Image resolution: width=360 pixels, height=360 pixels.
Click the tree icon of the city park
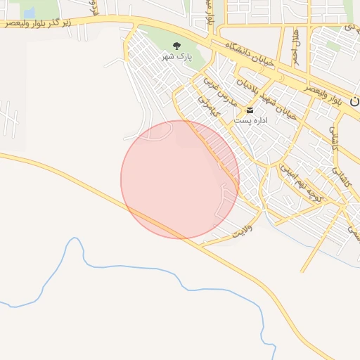pyautogui.click(x=176, y=45)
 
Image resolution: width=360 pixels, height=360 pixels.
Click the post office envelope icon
pyautogui.click(x=250, y=110)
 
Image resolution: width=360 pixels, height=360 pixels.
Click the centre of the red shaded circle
pyautogui.click(x=180, y=179)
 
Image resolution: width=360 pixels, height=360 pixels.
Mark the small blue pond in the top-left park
pyautogui.click(x=29, y=13)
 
